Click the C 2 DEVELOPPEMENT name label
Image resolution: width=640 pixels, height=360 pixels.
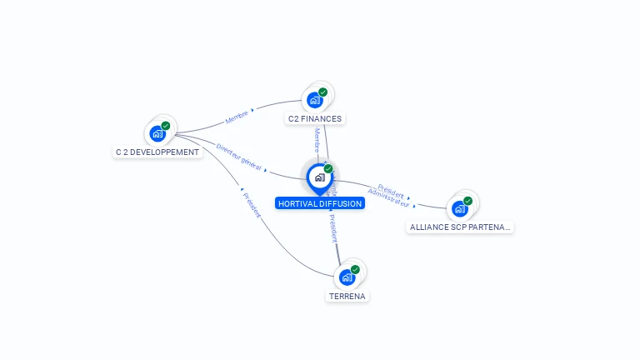pos(157,152)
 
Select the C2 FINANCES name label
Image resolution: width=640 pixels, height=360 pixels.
pos(315,118)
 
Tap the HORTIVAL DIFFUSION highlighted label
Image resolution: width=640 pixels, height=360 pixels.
pos(320,203)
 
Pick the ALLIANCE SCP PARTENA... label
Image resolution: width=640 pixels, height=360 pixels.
pos(460,227)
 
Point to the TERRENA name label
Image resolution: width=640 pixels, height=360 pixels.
pos(347,296)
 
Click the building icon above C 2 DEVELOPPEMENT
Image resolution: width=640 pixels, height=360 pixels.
pos(157,133)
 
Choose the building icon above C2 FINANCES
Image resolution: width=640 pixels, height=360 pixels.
pos(314,100)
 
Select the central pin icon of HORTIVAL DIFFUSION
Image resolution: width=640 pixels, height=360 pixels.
pos(319,177)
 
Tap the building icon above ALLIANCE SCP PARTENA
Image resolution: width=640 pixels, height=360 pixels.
pos(459,208)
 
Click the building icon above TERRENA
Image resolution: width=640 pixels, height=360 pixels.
pos(346,277)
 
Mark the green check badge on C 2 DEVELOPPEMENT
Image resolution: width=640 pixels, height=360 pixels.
pos(166,126)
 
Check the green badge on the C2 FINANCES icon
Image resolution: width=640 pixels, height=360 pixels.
pos(323,92)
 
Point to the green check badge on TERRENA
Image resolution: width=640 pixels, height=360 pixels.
pos(355,270)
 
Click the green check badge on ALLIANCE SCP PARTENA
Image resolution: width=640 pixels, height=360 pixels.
pos(468,201)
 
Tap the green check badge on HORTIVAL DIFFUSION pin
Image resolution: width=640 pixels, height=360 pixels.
pos(328,169)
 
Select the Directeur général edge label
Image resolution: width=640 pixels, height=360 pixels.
pos(239,157)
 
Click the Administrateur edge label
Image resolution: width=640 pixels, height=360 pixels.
pos(388,197)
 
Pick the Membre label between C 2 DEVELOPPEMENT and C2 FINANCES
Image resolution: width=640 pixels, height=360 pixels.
pos(237,116)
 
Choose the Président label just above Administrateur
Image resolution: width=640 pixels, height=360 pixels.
pos(392,190)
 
